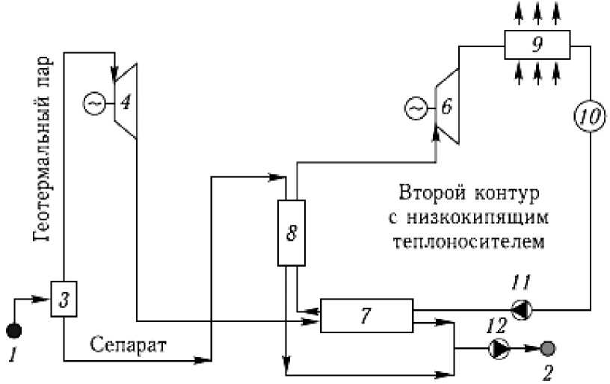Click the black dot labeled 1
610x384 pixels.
[14, 331]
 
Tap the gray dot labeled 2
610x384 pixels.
[548, 347]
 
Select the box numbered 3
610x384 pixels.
[64, 299]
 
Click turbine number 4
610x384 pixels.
[125, 101]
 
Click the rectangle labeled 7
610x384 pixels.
[366, 315]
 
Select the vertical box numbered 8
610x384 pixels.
[292, 232]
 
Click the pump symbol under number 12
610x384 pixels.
[498, 347]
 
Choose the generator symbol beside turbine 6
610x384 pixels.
[414, 110]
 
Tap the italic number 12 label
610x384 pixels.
[498, 324]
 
